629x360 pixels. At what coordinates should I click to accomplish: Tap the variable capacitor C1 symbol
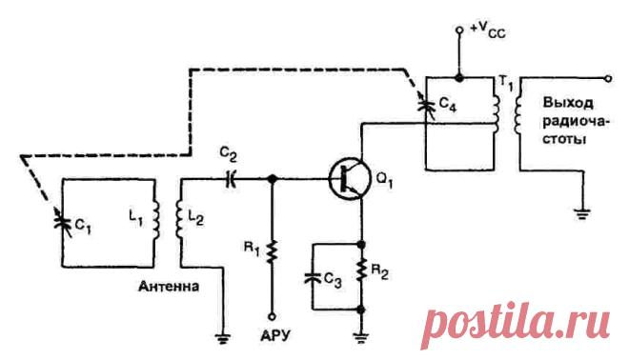click(63, 221)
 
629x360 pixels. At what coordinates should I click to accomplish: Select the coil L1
click(154, 221)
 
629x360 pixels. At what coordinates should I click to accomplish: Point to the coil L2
click(180, 221)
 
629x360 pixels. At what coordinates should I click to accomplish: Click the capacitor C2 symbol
click(231, 179)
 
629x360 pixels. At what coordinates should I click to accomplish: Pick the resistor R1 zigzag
click(273, 251)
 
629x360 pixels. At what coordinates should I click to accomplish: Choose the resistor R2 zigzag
click(361, 270)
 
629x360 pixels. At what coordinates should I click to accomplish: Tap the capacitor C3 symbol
click(313, 278)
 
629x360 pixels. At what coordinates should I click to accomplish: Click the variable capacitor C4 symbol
click(426, 106)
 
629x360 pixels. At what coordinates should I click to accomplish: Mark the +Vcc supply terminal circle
click(459, 30)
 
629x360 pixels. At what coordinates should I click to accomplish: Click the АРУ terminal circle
click(273, 317)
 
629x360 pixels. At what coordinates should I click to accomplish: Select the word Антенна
click(169, 287)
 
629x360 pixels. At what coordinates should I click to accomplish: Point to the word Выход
click(568, 103)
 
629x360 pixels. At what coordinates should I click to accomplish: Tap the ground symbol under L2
click(223, 339)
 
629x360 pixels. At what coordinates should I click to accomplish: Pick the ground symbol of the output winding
click(582, 214)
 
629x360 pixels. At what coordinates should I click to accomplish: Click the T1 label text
click(505, 84)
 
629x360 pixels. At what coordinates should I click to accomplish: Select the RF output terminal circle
click(609, 79)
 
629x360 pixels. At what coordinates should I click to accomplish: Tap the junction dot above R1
click(273, 179)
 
